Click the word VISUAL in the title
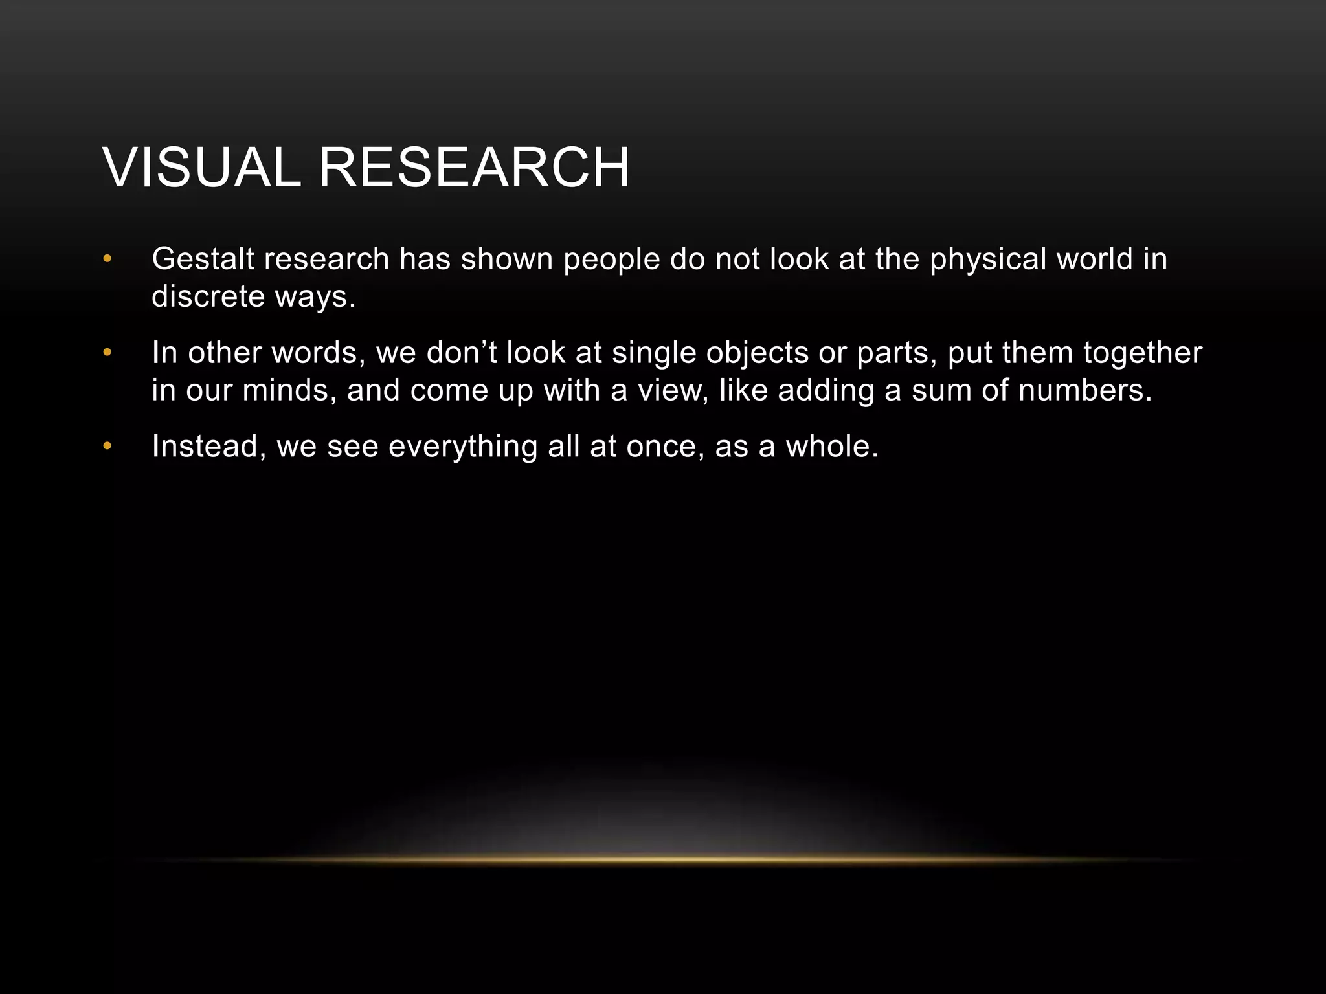coord(201,168)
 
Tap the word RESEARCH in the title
coord(474,168)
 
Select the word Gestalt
coord(203,259)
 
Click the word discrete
coord(208,296)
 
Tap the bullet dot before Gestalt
coord(107,260)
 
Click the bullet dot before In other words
coord(107,353)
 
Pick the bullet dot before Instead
coord(107,447)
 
